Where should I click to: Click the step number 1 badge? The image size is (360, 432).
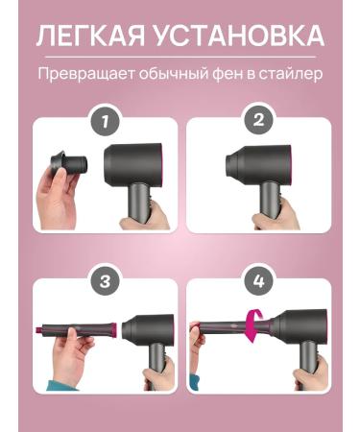click(106, 121)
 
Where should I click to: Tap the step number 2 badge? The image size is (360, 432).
click(258, 120)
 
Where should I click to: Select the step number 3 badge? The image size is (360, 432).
click(106, 281)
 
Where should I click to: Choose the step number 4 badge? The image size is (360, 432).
click(258, 281)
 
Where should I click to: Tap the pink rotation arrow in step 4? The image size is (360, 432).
click(255, 325)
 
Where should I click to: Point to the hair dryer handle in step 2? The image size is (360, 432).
click(270, 200)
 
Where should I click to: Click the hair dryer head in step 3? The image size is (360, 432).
click(148, 330)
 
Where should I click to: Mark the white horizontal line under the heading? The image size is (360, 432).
click(180, 57)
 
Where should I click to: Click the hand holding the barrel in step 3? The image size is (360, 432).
click(71, 353)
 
